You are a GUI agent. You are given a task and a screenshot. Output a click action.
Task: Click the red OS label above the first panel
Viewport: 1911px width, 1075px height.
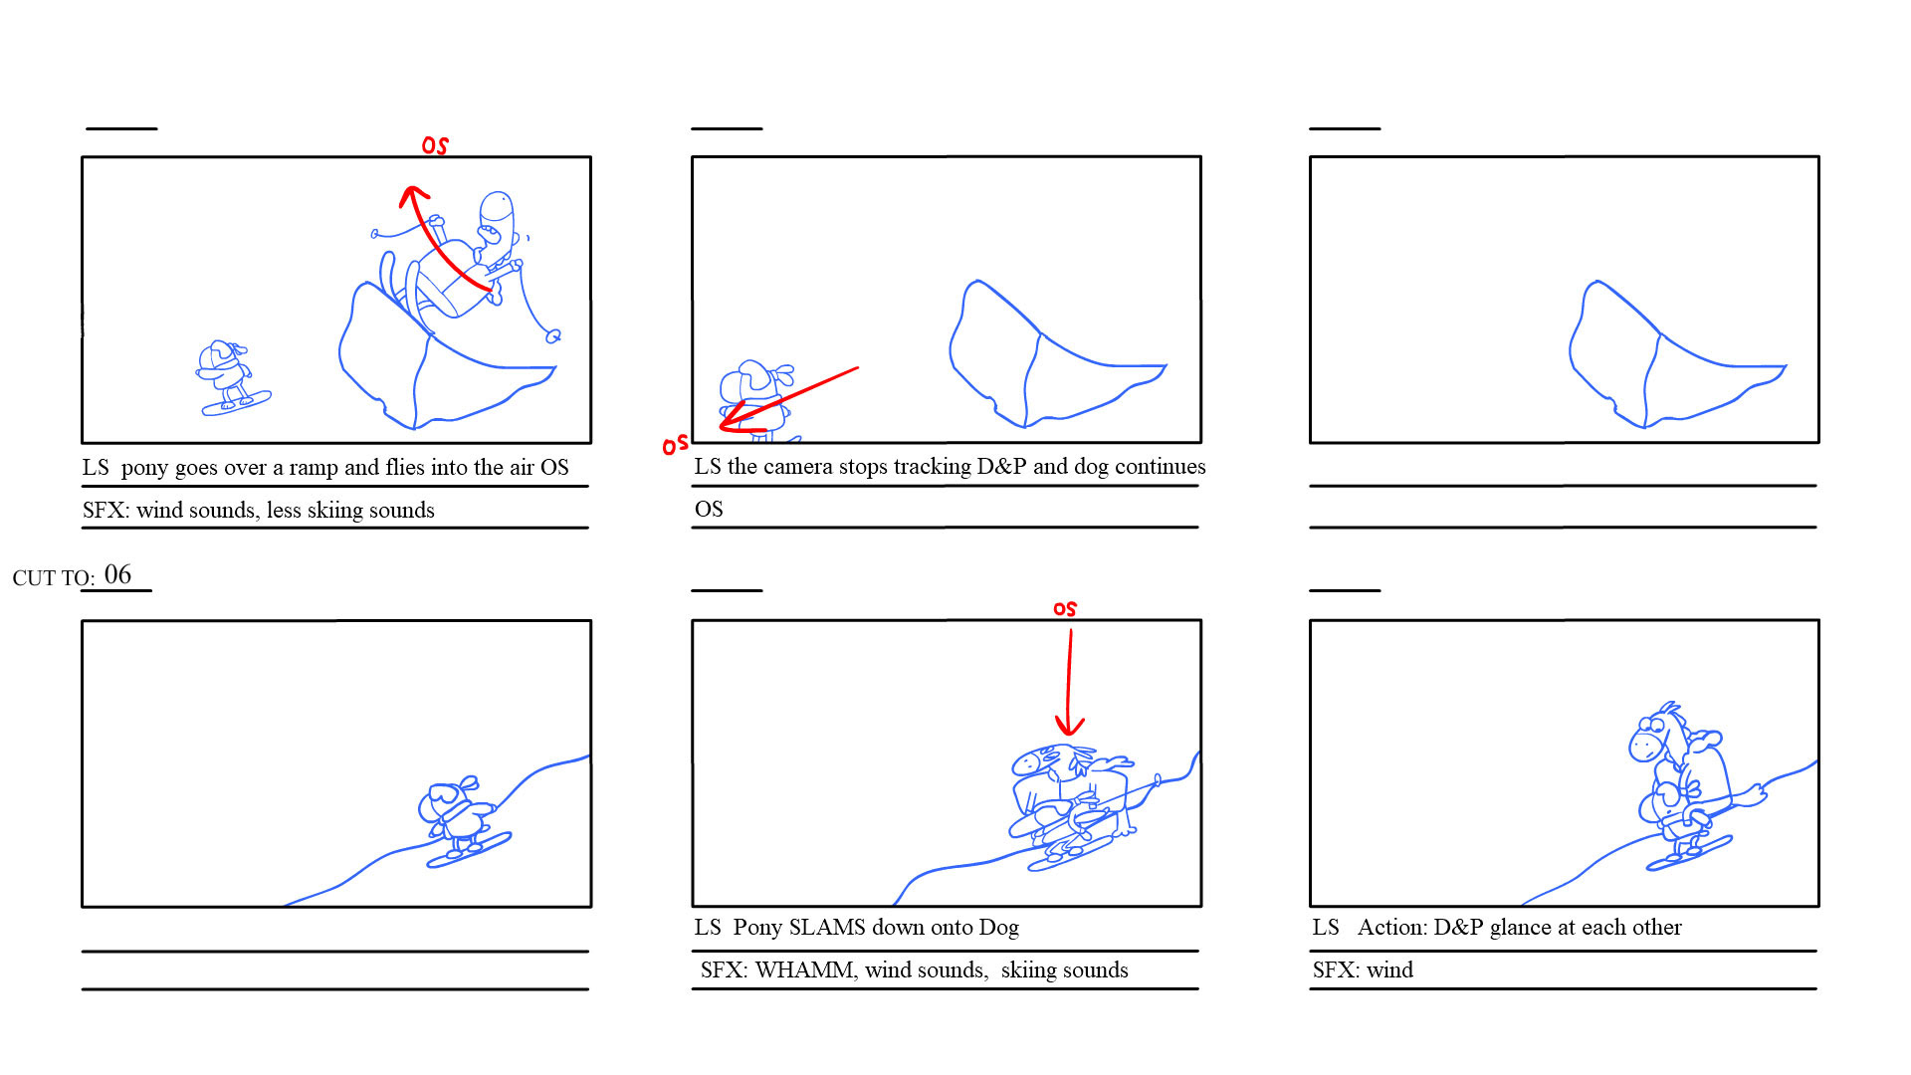click(435, 145)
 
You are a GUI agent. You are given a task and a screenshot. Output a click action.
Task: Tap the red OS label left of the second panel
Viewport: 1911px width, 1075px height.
click(675, 444)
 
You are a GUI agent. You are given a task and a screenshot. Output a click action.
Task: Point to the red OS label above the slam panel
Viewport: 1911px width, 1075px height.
click(1065, 608)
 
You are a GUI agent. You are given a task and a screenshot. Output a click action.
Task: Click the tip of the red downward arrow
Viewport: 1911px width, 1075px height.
click(1069, 734)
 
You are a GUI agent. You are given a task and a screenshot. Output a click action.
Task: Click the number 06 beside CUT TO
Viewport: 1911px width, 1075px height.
click(117, 574)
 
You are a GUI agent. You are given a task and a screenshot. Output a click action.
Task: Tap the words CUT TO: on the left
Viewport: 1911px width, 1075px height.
click(54, 578)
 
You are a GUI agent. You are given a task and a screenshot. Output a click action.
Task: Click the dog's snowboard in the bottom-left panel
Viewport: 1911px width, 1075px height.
click(469, 850)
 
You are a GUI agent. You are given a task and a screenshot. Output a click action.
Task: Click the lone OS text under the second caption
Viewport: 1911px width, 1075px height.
click(709, 510)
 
